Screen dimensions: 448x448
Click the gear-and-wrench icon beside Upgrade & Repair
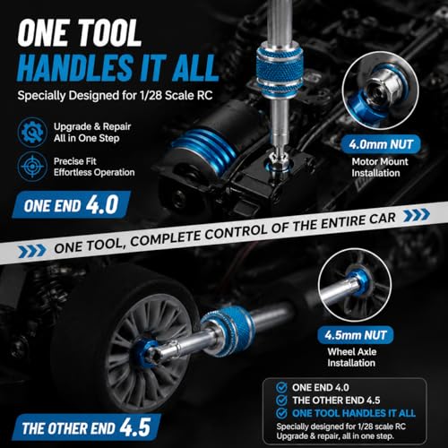click(x=32, y=133)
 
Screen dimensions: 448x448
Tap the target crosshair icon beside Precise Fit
click(x=32, y=167)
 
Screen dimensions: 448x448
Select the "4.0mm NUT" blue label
click(x=381, y=144)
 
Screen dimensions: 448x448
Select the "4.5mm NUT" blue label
click(x=356, y=335)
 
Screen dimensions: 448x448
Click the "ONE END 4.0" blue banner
click(x=71, y=204)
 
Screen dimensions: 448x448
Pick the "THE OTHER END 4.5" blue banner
click(x=86, y=427)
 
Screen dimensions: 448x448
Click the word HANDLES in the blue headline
click(x=75, y=67)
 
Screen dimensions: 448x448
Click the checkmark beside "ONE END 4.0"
click(x=281, y=387)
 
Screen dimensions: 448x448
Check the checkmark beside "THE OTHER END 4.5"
click(x=281, y=401)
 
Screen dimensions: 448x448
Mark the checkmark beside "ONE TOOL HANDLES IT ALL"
click(x=281, y=413)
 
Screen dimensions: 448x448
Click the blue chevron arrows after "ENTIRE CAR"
click(x=417, y=215)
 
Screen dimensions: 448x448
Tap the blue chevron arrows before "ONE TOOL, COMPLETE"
click(x=32, y=251)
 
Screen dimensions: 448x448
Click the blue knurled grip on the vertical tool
click(x=280, y=70)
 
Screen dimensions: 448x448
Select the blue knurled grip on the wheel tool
click(x=228, y=331)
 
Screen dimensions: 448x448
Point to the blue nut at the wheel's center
click(x=145, y=352)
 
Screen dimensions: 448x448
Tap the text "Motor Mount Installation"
click(x=379, y=168)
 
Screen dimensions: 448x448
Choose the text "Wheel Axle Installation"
click(x=351, y=358)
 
